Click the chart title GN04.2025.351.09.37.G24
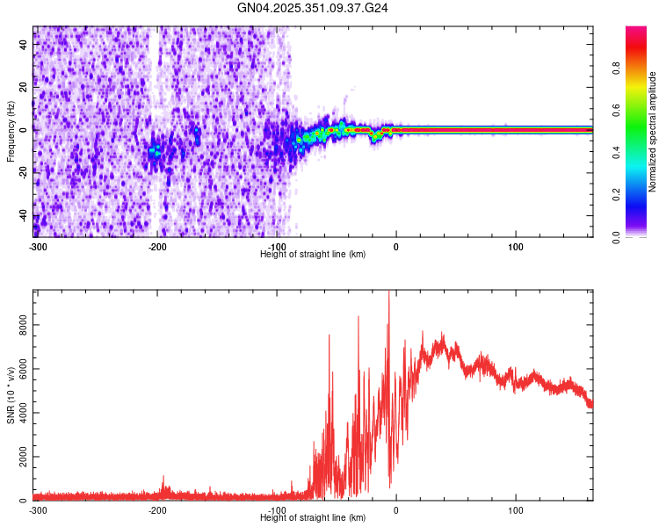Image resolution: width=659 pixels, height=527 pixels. (314, 8)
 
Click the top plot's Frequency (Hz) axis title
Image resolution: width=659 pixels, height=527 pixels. (11, 132)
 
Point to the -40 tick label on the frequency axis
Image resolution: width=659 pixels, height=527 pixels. (24, 215)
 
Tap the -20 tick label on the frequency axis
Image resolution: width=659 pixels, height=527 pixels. (24, 172)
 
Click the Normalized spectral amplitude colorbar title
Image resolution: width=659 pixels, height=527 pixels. (653, 132)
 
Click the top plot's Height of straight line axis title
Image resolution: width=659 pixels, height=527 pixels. (313, 254)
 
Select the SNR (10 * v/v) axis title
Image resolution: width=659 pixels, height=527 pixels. (11, 395)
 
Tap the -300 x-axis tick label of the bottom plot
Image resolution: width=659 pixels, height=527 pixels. (38, 510)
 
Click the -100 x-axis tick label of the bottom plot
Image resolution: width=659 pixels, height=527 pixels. (277, 510)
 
